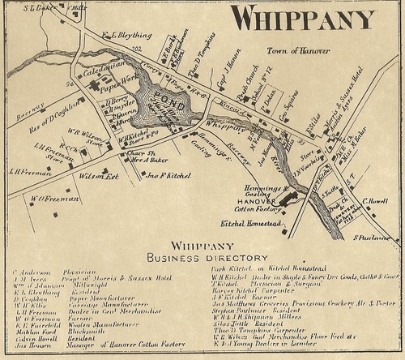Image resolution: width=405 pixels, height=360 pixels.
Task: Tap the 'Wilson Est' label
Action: [x=95, y=174]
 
